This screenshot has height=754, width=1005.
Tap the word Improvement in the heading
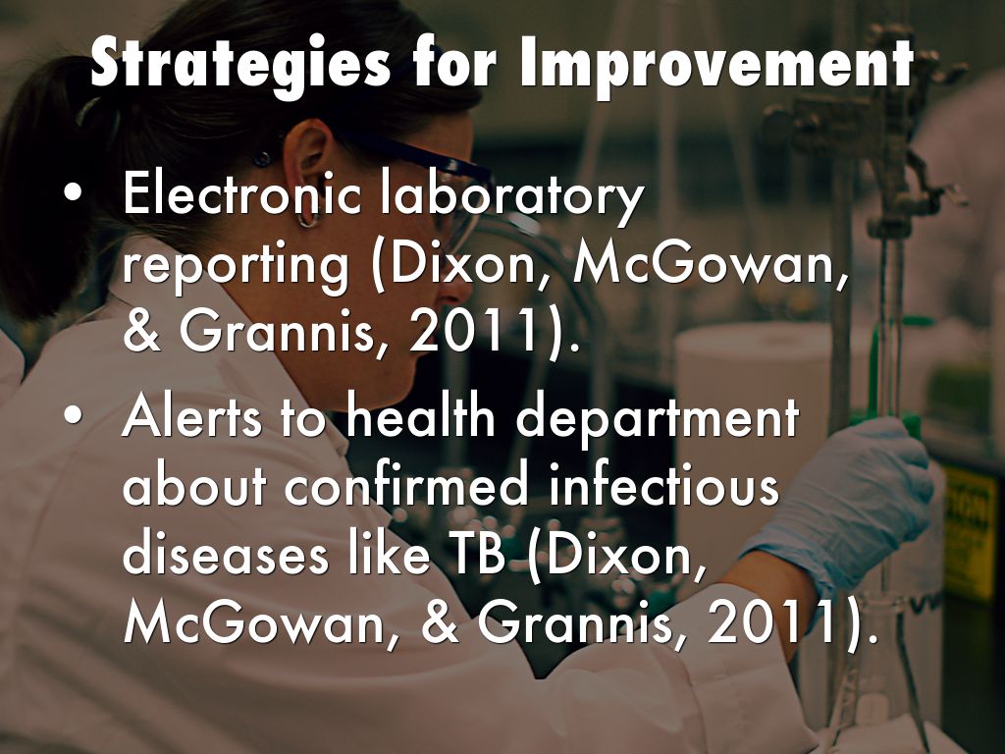716,62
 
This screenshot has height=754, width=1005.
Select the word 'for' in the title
454,62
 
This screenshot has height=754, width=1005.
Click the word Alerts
192,417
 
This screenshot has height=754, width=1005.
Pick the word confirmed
406,485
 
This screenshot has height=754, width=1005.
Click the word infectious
663,485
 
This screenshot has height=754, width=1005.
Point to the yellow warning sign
971,533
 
